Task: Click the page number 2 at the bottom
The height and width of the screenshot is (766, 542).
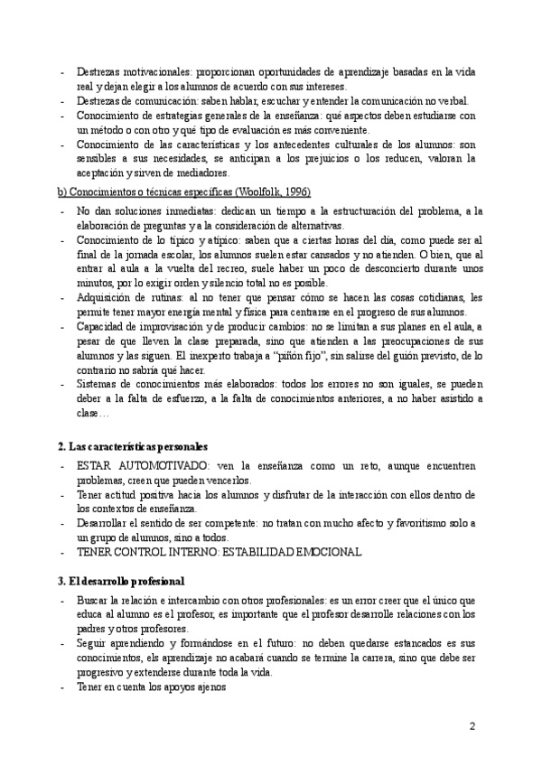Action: coord(472,725)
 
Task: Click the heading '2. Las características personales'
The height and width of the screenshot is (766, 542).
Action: coord(133,446)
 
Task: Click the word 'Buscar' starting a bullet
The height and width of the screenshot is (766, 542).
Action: coord(95,600)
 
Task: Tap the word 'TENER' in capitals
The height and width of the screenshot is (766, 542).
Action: coord(97,551)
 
